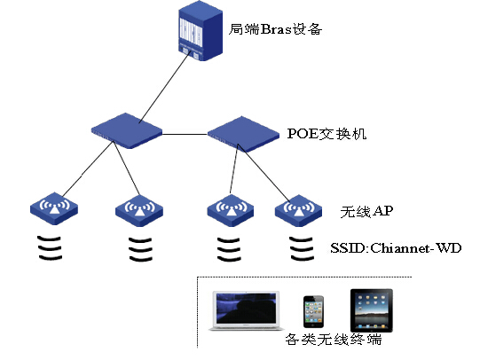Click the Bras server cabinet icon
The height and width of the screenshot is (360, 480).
coord(201,30)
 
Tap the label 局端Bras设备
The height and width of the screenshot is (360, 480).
coord(275,29)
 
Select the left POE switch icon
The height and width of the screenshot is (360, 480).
coord(127,130)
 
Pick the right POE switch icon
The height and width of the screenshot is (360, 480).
coord(243,134)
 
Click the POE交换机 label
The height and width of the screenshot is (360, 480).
coord(327,134)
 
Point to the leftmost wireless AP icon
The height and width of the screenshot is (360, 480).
coord(54,208)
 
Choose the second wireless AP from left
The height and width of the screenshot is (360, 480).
coord(139,210)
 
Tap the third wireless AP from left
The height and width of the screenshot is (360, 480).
coord(230,210)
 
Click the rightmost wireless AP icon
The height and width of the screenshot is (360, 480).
coord(298,210)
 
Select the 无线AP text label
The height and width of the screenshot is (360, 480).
coord(366,211)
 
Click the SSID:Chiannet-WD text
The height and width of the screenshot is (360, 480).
coord(396,247)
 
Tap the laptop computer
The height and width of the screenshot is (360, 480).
coord(247,310)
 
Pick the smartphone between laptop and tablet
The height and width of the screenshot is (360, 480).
coord(313,311)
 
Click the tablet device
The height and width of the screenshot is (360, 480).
coord(372,310)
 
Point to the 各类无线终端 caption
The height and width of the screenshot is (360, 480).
coord(334,340)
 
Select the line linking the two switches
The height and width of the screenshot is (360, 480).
coord(185,134)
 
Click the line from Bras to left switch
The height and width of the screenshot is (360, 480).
coord(163,88)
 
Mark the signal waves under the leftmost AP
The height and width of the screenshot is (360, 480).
coord(50,247)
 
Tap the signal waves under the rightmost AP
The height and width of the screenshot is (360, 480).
coord(302,248)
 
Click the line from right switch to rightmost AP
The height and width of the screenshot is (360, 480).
coord(264,173)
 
